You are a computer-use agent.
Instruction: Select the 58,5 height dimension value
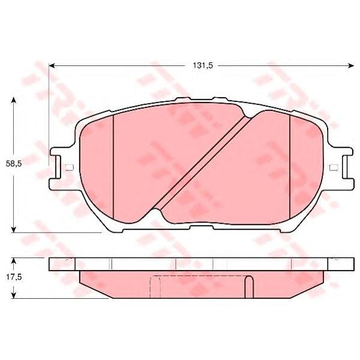click(x=14, y=164)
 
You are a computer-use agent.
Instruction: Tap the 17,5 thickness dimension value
click(x=14, y=277)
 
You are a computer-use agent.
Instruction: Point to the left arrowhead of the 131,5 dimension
click(x=52, y=66)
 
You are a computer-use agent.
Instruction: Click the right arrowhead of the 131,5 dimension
click(x=351, y=66)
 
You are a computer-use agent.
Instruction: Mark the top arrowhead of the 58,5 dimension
click(x=14, y=100)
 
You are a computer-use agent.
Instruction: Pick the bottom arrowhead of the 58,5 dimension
click(x=14, y=229)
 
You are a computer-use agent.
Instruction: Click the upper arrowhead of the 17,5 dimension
click(x=14, y=260)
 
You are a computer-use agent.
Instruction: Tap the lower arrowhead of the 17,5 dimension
click(x=14, y=295)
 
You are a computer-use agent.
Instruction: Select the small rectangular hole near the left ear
click(x=70, y=167)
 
